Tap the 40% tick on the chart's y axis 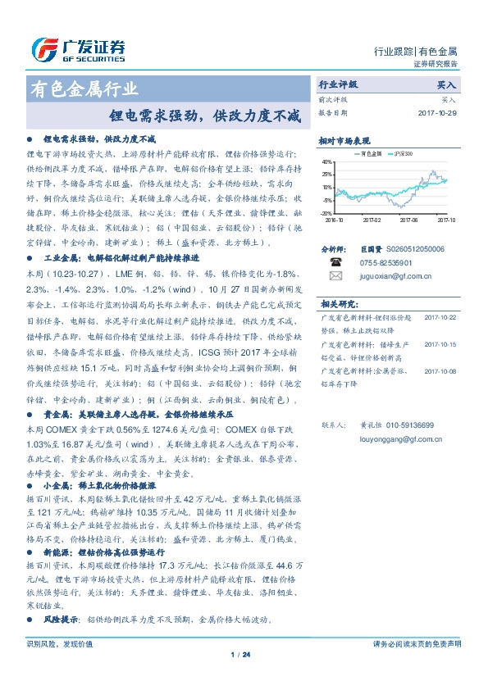327,161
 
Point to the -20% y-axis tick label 327,212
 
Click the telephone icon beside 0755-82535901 335,262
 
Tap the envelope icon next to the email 335,276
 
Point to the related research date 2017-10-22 440,317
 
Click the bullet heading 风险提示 62,619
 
